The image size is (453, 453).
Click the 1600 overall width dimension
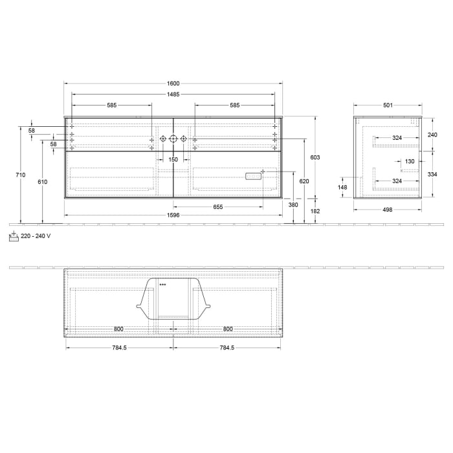pyautogui.click(x=173, y=83)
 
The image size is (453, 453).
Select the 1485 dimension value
pyautogui.click(x=173, y=94)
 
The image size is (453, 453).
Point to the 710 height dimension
pyautogui.click(x=20, y=175)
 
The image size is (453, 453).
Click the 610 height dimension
pyautogui.click(x=42, y=182)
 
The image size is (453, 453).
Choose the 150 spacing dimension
pyautogui.click(x=173, y=159)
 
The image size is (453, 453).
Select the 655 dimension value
pyautogui.click(x=217, y=207)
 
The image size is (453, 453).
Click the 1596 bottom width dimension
pyautogui.click(x=173, y=215)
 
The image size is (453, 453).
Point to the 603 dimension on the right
pyautogui.click(x=315, y=157)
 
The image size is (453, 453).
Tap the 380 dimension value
pyautogui.click(x=293, y=204)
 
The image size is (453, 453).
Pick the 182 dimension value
pyautogui.click(x=315, y=211)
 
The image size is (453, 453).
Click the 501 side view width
pyautogui.click(x=388, y=105)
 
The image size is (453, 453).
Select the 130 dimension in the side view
pyautogui.click(x=410, y=161)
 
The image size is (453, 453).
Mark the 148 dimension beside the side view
pyautogui.click(x=342, y=188)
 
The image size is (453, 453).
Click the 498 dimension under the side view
pyautogui.click(x=388, y=210)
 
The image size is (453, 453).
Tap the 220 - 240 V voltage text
pyautogui.click(x=36, y=236)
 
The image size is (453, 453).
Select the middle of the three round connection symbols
pyautogui.click(x=173, y=138)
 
